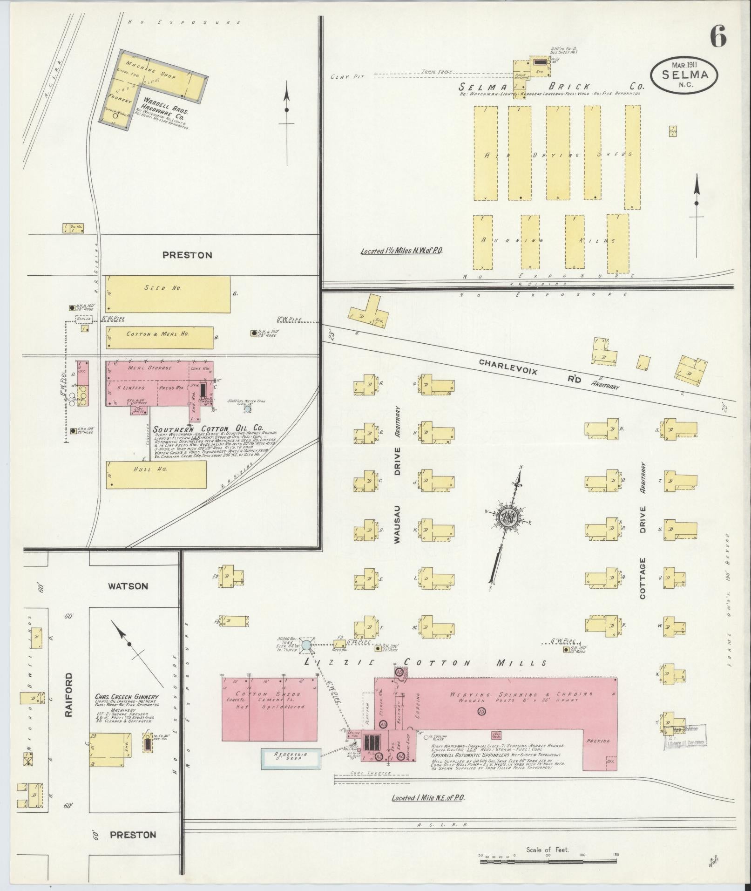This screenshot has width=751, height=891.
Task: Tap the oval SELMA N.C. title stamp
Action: (x=684, y=75)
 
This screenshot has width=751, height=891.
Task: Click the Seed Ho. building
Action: (x=168, y=294)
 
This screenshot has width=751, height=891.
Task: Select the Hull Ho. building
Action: (x=156, y=475)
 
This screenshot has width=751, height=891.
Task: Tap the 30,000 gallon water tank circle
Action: (x=306, y=645)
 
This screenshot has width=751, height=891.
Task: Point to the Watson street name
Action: (x=128, y=586)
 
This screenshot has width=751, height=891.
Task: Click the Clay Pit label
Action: (x=346, y=76)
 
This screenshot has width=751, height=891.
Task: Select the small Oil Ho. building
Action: (x=73, y=228)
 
